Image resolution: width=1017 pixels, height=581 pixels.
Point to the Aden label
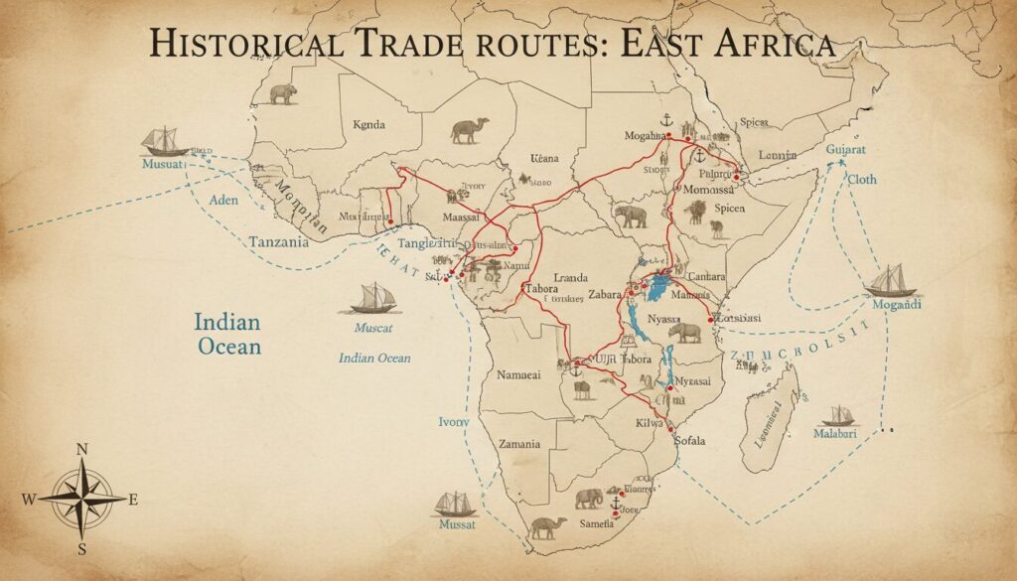click(226, 200)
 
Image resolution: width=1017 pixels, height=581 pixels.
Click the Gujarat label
click(853, 149)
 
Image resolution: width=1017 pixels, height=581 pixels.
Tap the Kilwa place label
click(648, 423)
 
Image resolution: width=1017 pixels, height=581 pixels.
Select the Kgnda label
click(368, 125)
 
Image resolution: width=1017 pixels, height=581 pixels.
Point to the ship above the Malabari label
click(839, 414)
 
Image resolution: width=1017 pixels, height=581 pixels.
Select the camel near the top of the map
click(468, 130)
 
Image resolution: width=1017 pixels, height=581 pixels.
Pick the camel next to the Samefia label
click(547, 526)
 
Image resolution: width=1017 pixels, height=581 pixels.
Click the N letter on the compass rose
click(82, 450)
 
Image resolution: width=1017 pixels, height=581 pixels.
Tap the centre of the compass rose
click(82, 499)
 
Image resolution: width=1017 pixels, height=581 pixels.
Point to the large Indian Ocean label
click(227, 334)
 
